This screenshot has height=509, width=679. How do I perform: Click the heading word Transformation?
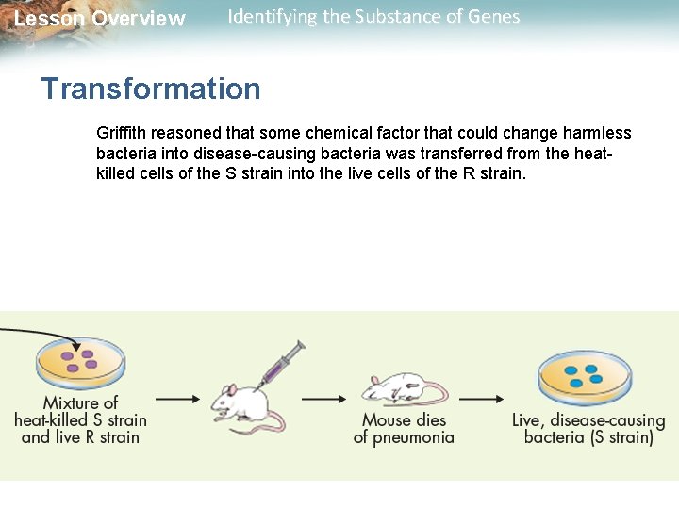click(151, 89)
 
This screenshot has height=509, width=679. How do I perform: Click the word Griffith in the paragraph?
click(119, 133)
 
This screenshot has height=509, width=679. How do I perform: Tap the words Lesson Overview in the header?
click(100, 19)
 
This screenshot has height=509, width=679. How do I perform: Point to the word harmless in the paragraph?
click(596, 133)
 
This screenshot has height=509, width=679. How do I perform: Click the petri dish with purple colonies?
click(80, 361)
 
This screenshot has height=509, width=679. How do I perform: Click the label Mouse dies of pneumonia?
click(404, 429)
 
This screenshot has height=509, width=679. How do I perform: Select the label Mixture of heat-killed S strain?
click(80, 419)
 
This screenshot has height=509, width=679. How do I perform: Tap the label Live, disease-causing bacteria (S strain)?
click(588, 429)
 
